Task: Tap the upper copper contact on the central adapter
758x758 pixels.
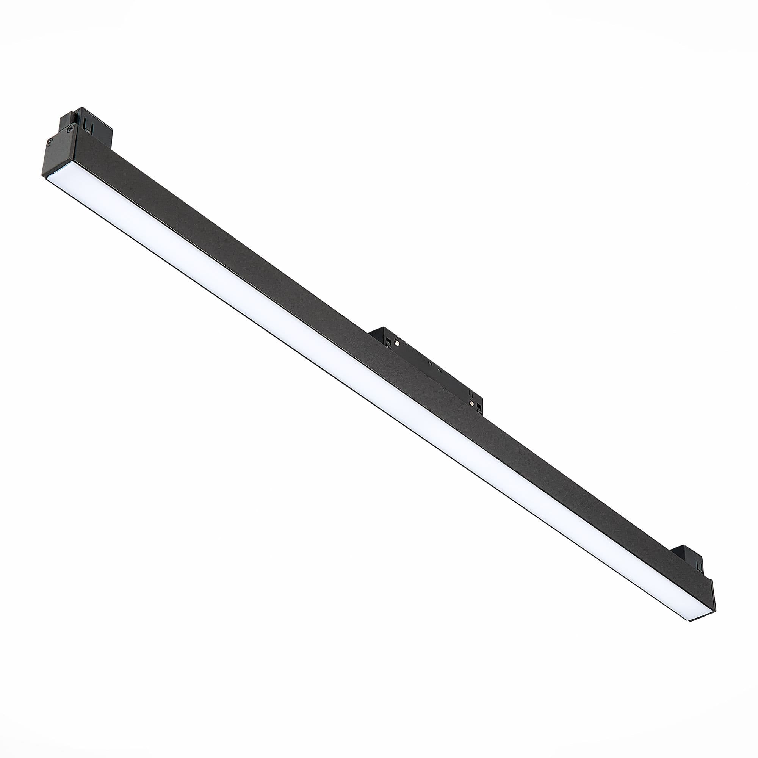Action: [x=397, y=343]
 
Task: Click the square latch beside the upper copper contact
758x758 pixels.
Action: [x=388, y=342]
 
